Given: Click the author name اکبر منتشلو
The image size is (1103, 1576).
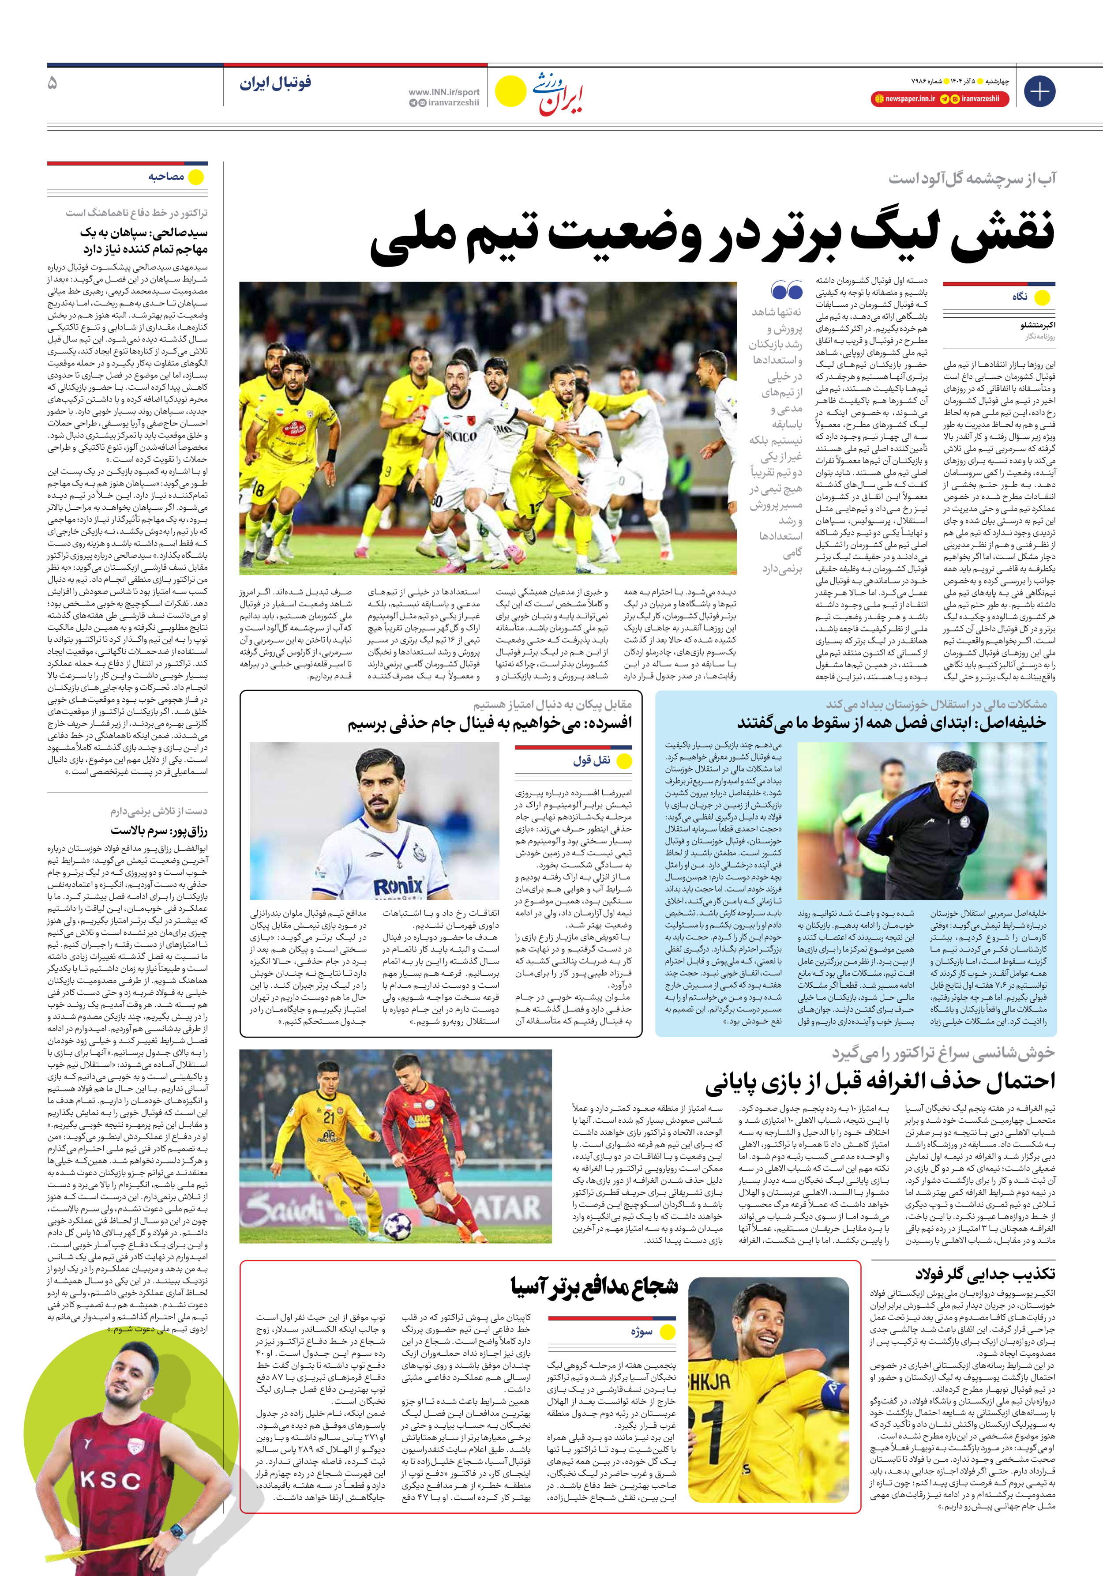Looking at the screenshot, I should (1037, 325).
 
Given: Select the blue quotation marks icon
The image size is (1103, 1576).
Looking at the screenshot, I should (787, 290).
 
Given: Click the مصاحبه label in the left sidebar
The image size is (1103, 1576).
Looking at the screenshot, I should (166, 177).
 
